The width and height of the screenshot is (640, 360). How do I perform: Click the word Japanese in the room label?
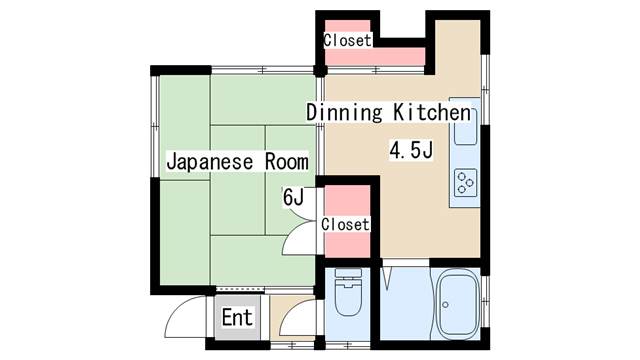(210, 162)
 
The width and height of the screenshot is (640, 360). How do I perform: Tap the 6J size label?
(293, 197)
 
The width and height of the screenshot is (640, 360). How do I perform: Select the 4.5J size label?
(411, 150)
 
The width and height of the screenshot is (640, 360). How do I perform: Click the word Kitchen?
(432, 112)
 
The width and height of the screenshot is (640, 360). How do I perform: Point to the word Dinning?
(344, 113)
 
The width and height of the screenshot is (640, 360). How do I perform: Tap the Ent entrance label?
(237, 317)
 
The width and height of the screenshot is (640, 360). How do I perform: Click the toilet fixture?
(348, 292)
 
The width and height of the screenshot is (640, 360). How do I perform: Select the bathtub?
(458, 304)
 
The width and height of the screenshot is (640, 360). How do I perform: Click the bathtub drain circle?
(445, 305)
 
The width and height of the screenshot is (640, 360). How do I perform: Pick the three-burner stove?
(466, 182)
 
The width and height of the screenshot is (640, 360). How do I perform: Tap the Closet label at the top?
(347, 40)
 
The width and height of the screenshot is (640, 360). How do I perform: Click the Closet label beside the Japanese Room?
(345, 224)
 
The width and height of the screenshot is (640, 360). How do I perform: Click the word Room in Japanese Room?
(287, 161)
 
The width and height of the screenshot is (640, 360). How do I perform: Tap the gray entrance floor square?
(238, 318)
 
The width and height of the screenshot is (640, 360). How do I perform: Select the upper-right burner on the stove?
(470, 182)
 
